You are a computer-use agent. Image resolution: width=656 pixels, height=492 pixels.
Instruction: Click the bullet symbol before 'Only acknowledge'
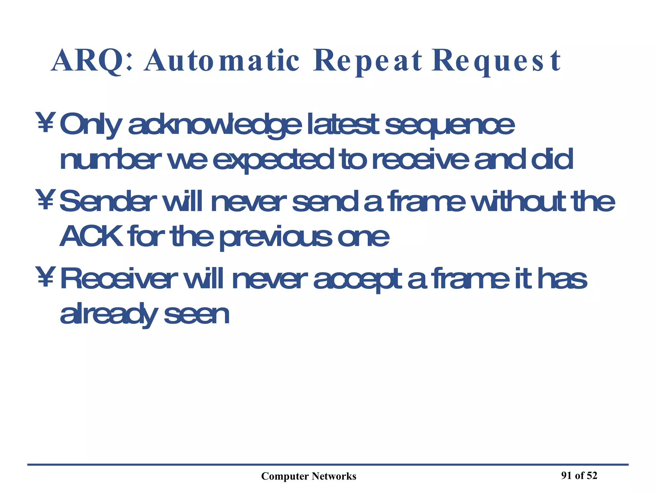[45, 122]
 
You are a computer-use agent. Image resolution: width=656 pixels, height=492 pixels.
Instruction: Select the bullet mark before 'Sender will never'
[45, 200]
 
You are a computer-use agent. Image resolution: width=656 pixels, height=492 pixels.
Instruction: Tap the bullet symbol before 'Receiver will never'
[45, 277]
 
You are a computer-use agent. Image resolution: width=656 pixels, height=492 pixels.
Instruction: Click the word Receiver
[119, 279]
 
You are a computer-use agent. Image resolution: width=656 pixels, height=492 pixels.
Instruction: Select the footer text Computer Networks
[308, 476]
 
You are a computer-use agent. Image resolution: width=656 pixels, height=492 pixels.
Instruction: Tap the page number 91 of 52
[579, 475]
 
